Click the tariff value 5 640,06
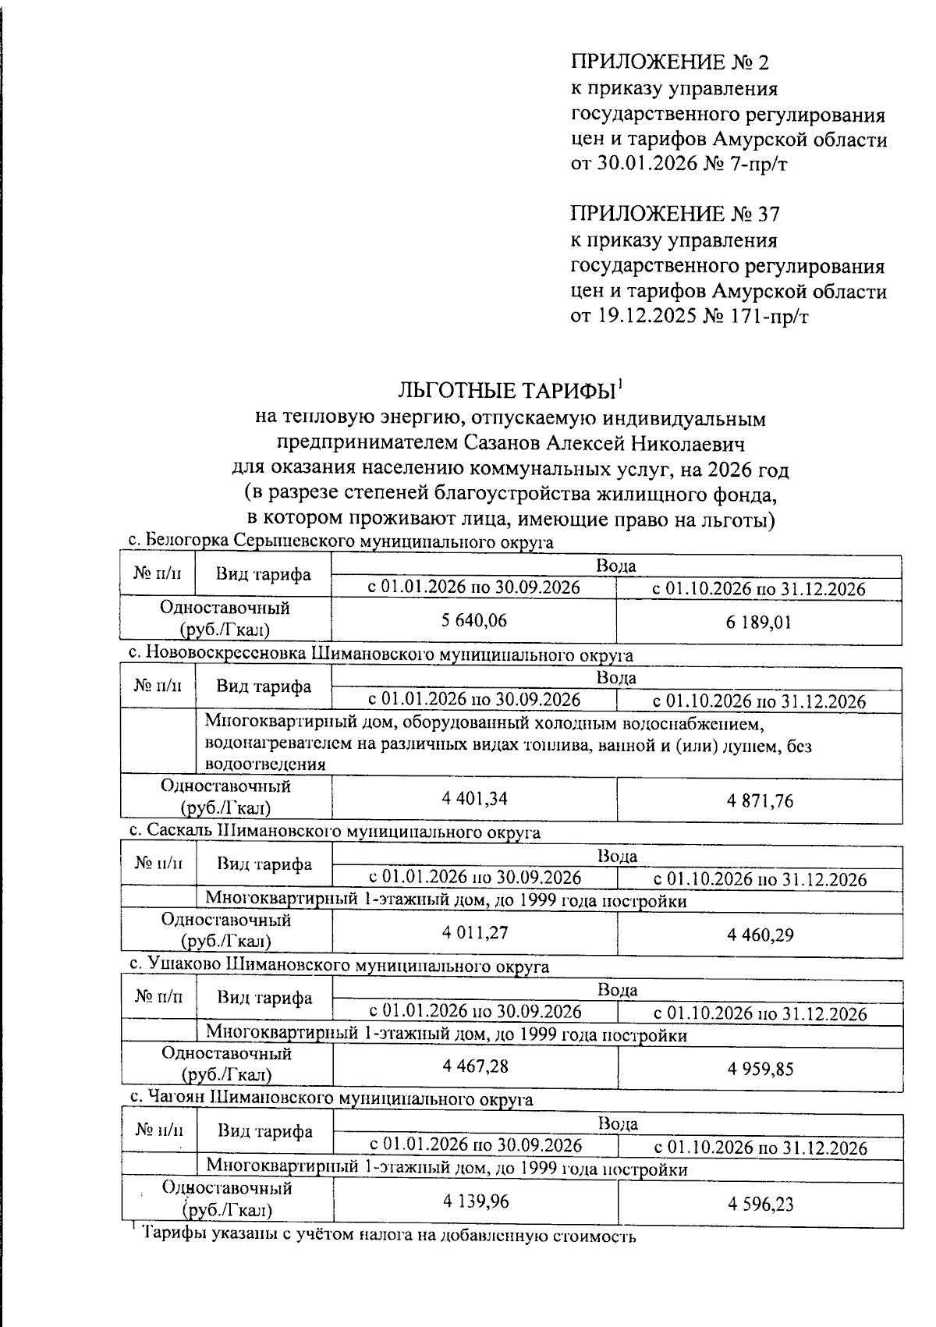pyautogui.click(x=473, y=621)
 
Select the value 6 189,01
pyautogui.click(x=760, y=623)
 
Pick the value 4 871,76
pyautogui.click(x=760, y=800)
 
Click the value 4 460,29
pyautogui.click(x=760, y=935)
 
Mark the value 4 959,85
pyautogui.click(x=760, y=1068)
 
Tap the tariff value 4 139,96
pyautogui.click(x=476, y=1201)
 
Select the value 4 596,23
pyautogui.click(x=760, y=1204)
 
